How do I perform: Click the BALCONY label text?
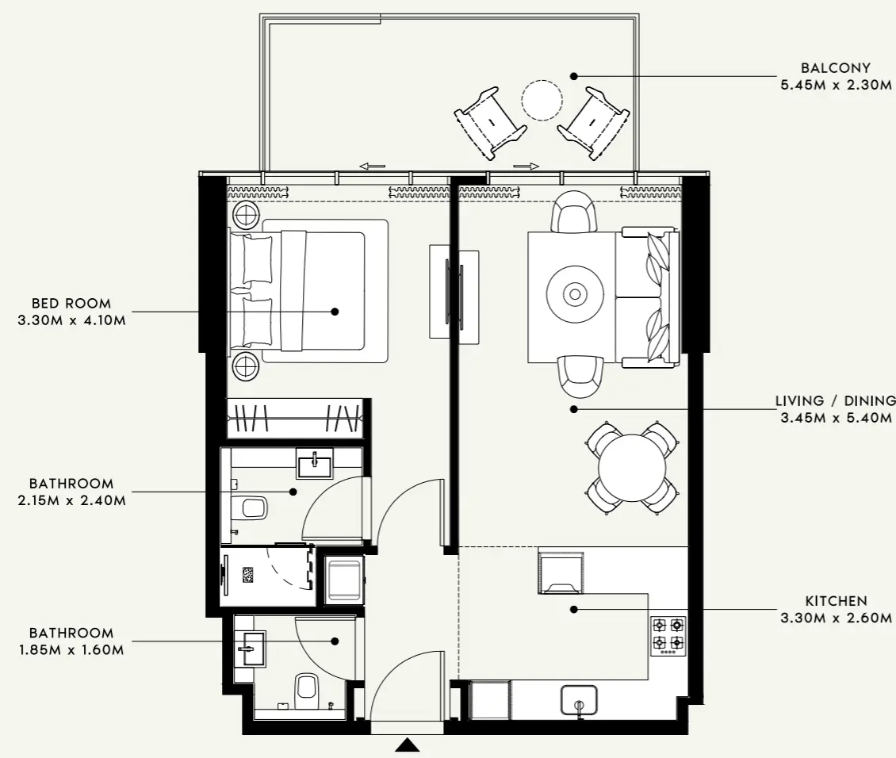836,68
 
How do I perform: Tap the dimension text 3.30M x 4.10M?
71,320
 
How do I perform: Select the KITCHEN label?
836,601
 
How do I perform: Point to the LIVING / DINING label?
835,401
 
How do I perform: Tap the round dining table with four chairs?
632,467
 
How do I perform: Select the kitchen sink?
583,701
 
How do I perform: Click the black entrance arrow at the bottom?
408,745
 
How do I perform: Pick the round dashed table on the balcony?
542,100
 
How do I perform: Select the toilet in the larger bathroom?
253,507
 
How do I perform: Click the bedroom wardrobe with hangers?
295,417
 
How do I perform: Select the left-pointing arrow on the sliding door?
372,167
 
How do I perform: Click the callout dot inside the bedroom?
335,312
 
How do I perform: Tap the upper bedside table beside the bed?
245,215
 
